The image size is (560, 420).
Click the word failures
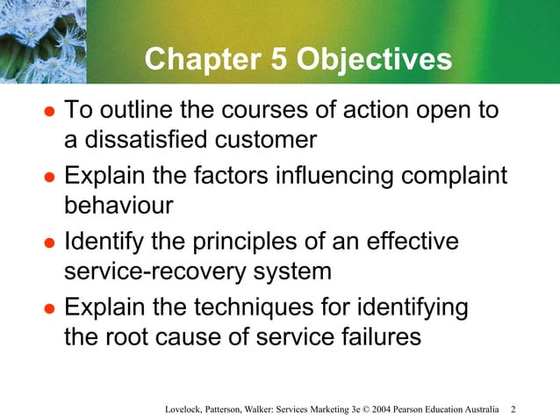(373, 337)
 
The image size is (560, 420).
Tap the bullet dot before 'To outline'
(50, 113)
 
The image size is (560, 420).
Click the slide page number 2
(513, 409)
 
